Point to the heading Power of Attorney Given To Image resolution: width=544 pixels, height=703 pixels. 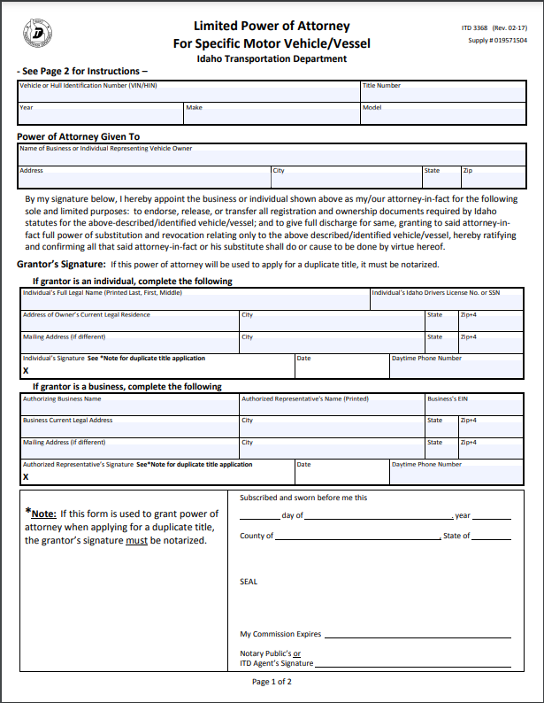(x=79, y=137)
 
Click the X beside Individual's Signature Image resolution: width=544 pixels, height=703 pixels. (x=26, y=371)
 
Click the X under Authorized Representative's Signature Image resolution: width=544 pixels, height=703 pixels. (x=26, y=477)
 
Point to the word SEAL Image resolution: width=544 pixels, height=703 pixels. (x=249, y=582)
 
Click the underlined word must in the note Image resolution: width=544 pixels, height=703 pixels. (x=136, y=540)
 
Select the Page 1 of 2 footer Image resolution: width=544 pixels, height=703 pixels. (x=272, y=682)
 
